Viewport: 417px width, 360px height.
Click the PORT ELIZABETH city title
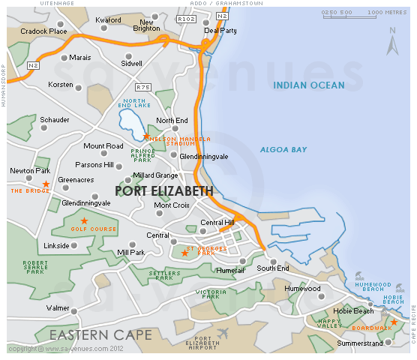pyautogui.click(x=164, y=191)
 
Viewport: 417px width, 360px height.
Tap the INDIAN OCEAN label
pyautogui.click(x=308, y=85)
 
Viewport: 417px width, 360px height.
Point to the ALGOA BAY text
pyautogui.click(x=283, y=150)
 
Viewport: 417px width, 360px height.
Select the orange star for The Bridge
pyautogui.click(x=46, y=184)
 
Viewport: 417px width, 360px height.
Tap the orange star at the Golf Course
pyautogui.click(x=84, y=220)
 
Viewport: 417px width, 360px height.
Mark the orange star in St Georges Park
pyautogui.click(x=184, y=253)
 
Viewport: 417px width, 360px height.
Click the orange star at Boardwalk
pyautogui.click(x=394, y=322)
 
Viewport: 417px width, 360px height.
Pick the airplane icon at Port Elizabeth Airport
pyautogui.click(x=222, y=332)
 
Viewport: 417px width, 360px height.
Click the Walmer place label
pyautogui.click(x=58, y=308)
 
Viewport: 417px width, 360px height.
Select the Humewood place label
pyautogui.click(x=302, y=288)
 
